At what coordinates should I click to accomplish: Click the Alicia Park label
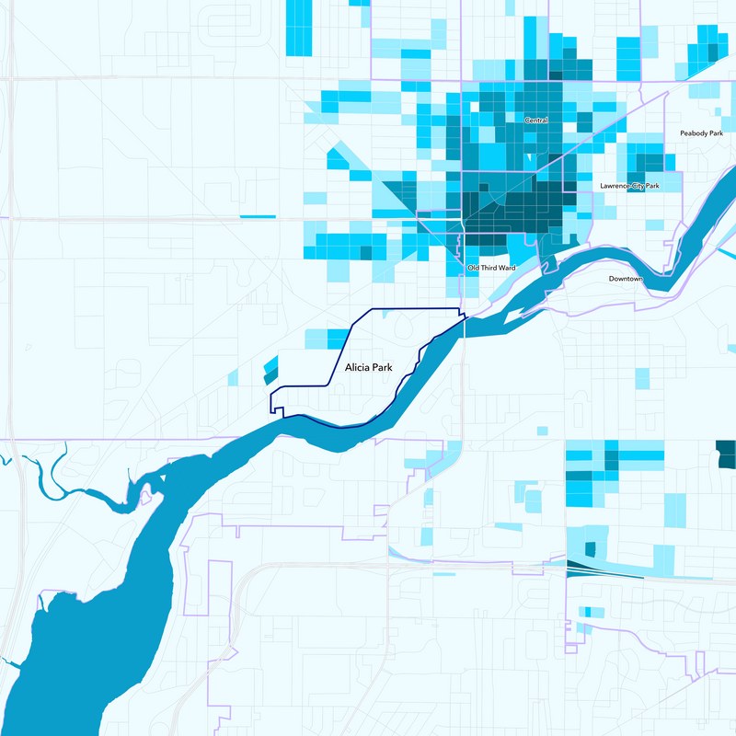[368, 367]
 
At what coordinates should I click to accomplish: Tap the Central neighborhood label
[535, 121]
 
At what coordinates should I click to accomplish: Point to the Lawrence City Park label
[630, 186]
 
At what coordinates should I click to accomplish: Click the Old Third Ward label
[491, 268]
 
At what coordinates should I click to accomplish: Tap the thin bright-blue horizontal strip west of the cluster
[258, 216]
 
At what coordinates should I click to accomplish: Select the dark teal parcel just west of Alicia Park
[270, 378]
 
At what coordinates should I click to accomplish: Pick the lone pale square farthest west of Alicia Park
[232, 376]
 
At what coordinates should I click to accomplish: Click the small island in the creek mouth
[144, 498]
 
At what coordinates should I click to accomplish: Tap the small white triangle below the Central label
[528, 159]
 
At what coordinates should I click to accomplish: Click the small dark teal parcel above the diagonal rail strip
[590, 549]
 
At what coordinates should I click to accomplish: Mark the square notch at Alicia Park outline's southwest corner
[275, 404]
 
